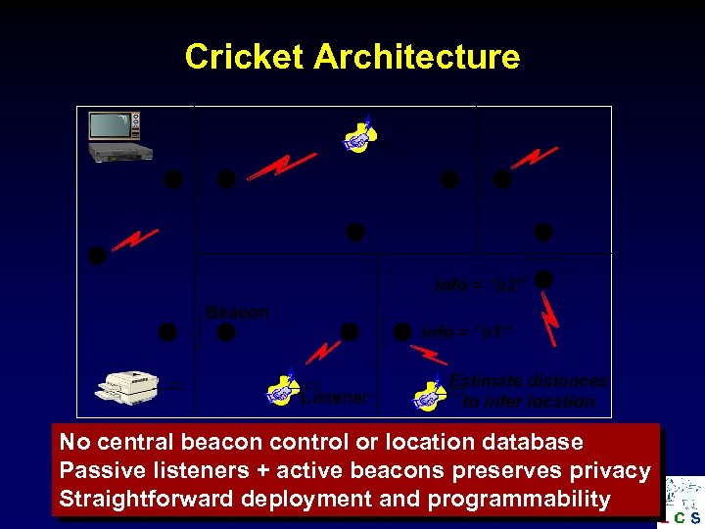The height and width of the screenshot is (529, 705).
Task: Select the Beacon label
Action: tap(238, 313)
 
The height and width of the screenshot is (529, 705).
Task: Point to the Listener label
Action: tap(335, 398)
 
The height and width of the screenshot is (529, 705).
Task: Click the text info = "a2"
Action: tap(482, 285)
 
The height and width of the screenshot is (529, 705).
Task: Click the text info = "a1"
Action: tap(467, 332)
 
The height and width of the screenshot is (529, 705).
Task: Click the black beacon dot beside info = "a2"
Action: tap(544, 280)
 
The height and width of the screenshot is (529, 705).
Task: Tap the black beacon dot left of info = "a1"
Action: tap(402, 332)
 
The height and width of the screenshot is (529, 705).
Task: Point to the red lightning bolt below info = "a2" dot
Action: tap(550, 320)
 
